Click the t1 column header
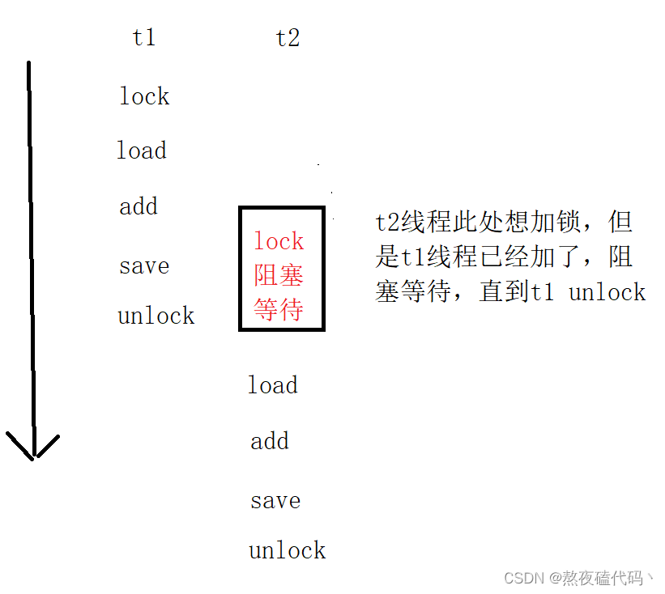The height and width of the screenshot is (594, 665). pyautogui.click(x=143, y=37)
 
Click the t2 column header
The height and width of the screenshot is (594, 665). pyautogui.click(x=288, y=37)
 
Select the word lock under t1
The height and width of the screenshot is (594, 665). pyautogui.click(x=144, y=96)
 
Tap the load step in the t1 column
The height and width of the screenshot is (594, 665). pyautogui.click(x=142, y=151)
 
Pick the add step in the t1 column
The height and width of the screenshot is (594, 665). pyautogui.click(x=139, y=206)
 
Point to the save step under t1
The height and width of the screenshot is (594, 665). pyautogui.click(x=144, y=266)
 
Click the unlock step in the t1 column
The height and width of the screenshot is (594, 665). pyautogui.click(x=156, y=316)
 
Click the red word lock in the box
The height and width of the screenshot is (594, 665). pyautogui.click(x=279, y=241)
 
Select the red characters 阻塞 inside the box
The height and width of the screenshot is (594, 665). pyautogui.click(x=279, y=275)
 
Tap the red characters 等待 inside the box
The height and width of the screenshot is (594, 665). pyautogui.click(x=279, y=309)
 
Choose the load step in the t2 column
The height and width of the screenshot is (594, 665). pyautogui.click(x=273, y=385)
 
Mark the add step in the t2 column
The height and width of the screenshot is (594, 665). pyautogui.click(x=270, y=441)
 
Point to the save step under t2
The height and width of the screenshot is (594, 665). pyautogui.click(x=275, y=501)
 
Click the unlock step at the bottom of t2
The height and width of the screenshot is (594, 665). pyautogui.click(x=288, y=551)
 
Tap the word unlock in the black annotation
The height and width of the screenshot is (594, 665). pyautogui.click(x=607, y=292)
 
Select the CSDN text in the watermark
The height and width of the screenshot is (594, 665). pyautogui.click(x=524, y=578)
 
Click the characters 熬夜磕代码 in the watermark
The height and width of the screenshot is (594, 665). pyautogui.click(x=603, y=578)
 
